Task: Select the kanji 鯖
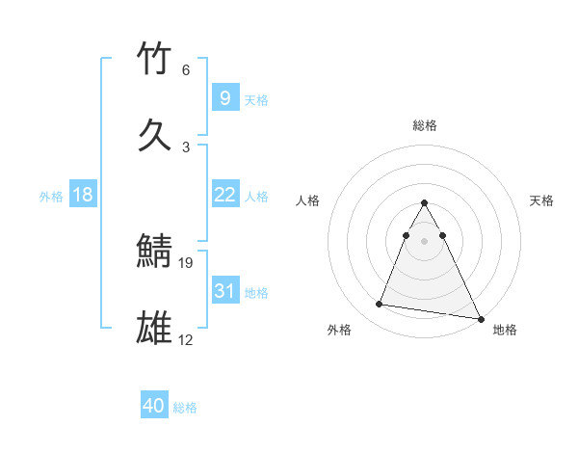155,252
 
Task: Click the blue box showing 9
224,98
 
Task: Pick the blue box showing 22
224,195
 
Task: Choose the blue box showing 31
224,291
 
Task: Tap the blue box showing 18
83,195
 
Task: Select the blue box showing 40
154,406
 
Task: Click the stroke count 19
187,262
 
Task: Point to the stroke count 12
186,339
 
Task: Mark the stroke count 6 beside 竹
186,70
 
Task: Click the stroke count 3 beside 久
186,147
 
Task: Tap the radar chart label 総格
425,125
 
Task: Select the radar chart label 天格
542,200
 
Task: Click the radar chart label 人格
307,200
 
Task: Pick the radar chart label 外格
339,330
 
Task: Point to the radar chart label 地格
505,330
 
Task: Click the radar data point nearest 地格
481,318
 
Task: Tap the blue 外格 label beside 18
51,197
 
